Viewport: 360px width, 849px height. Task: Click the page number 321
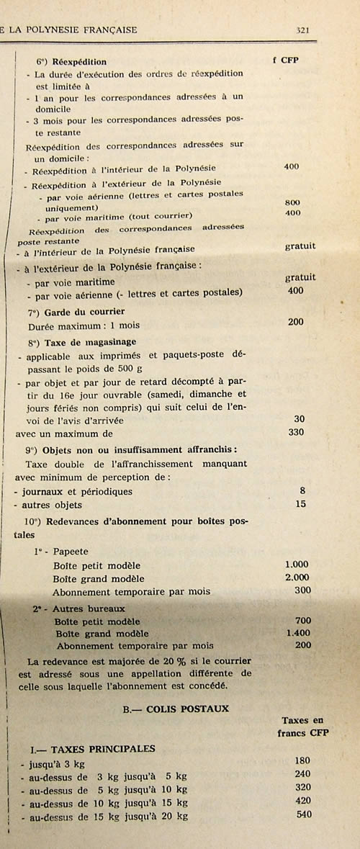(x=302, y=30)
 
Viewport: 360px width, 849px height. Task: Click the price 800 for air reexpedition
(x=292, y=202)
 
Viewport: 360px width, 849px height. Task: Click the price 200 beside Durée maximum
(x=295, y=322)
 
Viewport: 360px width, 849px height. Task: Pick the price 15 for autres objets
(x=301, y=504)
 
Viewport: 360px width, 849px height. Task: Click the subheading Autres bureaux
(x=84, y=608)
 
